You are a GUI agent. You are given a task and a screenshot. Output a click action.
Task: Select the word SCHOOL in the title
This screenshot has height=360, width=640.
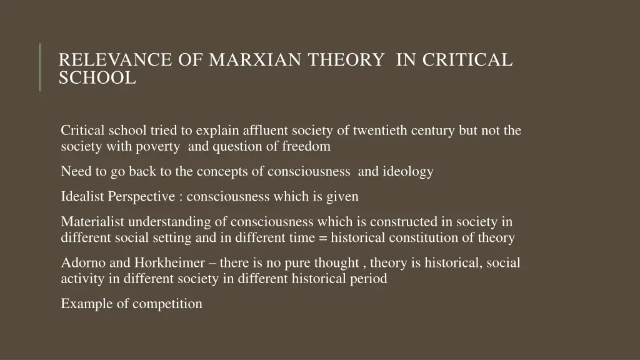click(97, 78)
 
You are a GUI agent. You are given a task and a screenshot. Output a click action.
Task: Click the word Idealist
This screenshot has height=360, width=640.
click(83, 196)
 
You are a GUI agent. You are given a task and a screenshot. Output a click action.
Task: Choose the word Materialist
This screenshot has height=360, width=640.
click(93, 221)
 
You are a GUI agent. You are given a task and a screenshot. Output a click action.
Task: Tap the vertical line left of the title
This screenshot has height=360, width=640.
click(40, 67)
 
